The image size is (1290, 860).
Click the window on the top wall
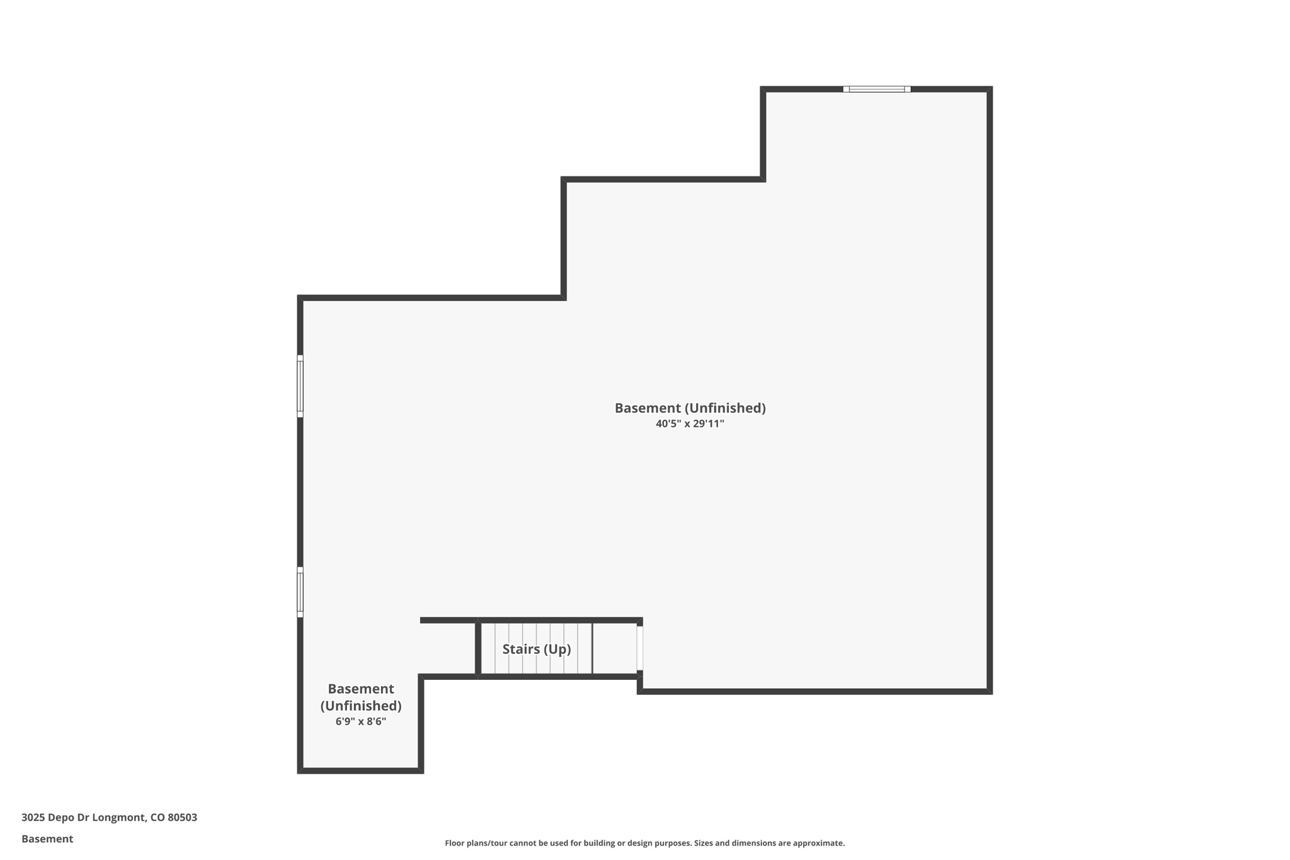click(x=877, y=89)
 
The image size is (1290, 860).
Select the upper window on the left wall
click(x=300, y=386)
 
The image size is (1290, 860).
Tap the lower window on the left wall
click(x=300, y=592)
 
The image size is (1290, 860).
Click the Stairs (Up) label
click(x=537, y=649)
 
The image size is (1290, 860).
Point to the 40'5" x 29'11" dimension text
click(x=690, y=424)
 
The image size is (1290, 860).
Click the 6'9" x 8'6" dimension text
click(x=361, y=721)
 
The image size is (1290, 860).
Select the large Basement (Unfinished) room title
click(x=690, y=408)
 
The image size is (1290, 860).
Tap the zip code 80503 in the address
click(x=182, y=818)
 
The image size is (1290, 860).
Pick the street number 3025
click(x=33, y=818)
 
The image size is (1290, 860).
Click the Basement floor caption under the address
click(x=47, y=839)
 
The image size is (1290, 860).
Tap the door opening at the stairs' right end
click(x=640, y=648)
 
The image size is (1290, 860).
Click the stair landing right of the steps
click(x=615, y=648)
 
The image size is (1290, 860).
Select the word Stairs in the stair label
click(x=521, y=649)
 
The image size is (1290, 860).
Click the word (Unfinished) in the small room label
click(x=361, y=706)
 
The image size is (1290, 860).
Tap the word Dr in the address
click(x=83, y=818)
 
